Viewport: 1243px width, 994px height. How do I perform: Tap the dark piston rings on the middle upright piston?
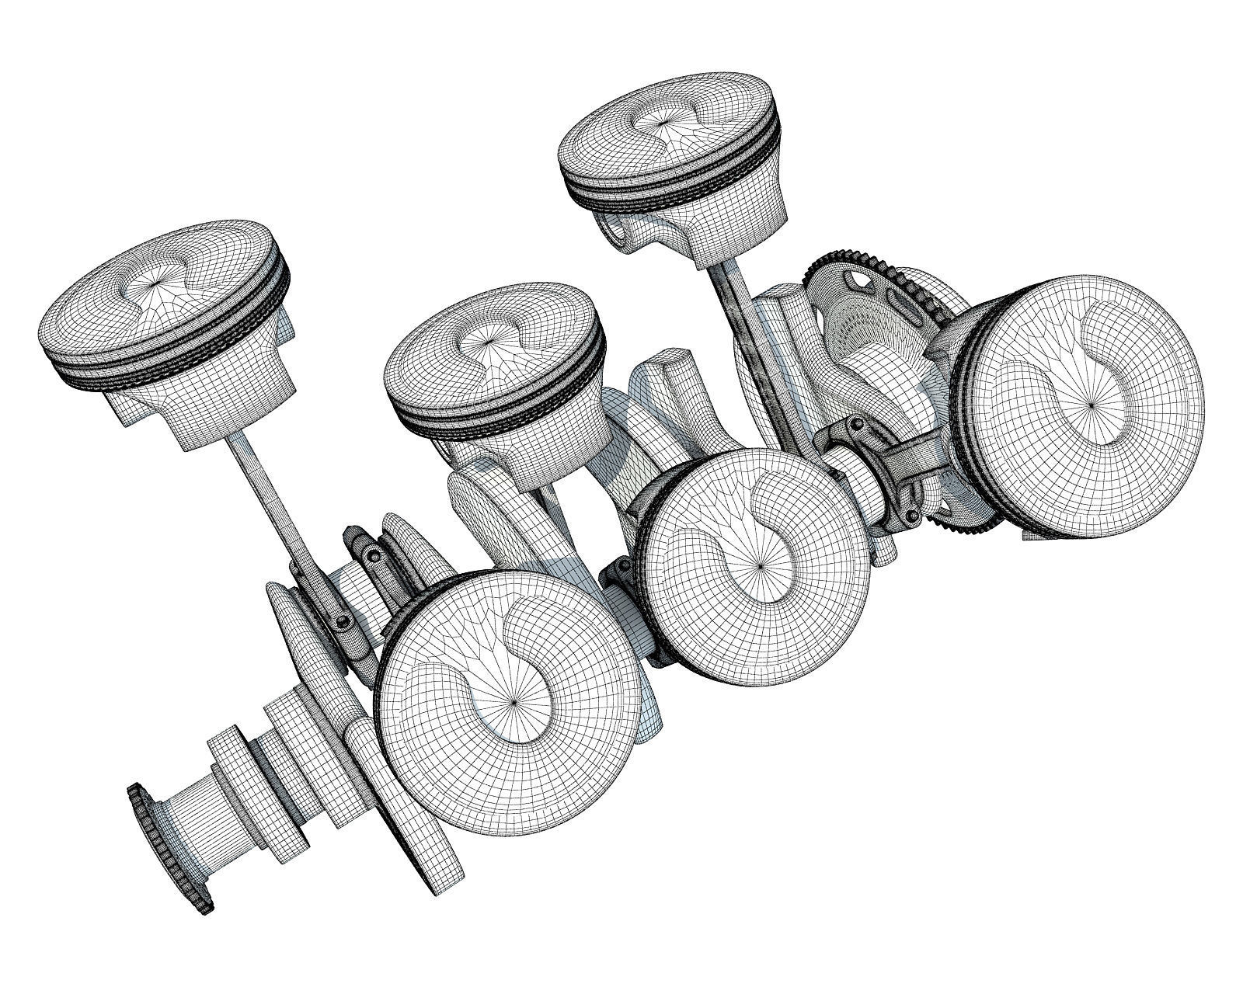coord(497,419)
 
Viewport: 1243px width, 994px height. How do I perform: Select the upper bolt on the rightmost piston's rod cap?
coord(855,425)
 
